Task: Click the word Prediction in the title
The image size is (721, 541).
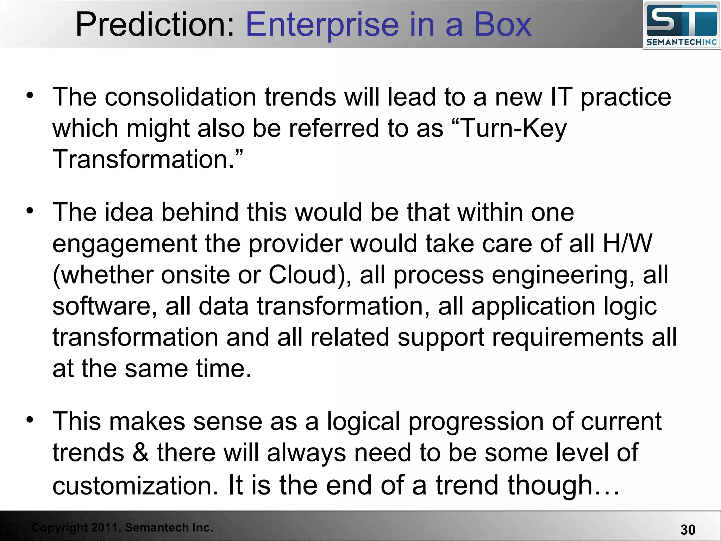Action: pos(155,25)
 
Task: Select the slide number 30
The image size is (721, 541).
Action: pos(688,530)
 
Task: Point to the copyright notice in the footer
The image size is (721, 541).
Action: pos(122,527)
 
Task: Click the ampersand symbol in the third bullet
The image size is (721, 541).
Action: pos(140,453)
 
